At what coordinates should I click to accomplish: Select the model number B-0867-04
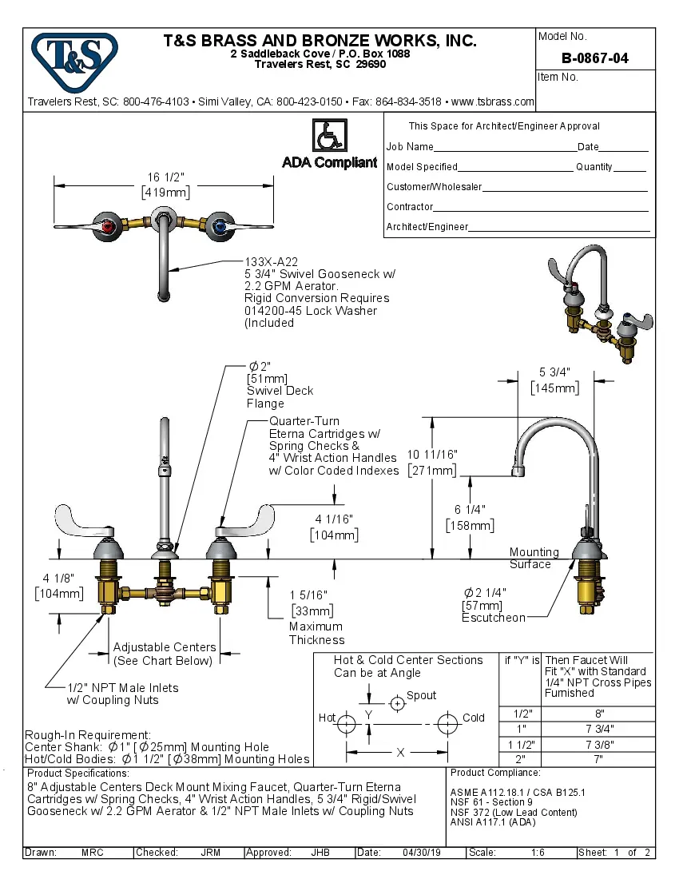(x=594, y=58)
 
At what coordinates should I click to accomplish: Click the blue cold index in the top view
(x=220, y=227)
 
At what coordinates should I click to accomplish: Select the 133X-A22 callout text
(x=271, y=261)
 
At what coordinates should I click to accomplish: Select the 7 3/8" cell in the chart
(x=599, y=744)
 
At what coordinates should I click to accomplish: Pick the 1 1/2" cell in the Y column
(x=519, y=744)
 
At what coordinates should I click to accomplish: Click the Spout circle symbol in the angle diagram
(x=397, y=704)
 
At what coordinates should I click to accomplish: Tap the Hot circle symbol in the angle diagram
(x=346, y=725)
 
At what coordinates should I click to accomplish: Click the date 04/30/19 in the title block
(x=421, y=853)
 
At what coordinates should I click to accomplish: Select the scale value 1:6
(x=538, y=853)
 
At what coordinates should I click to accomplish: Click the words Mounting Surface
(x=534, y=558)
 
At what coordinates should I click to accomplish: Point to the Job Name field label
(x=410, y=147)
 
